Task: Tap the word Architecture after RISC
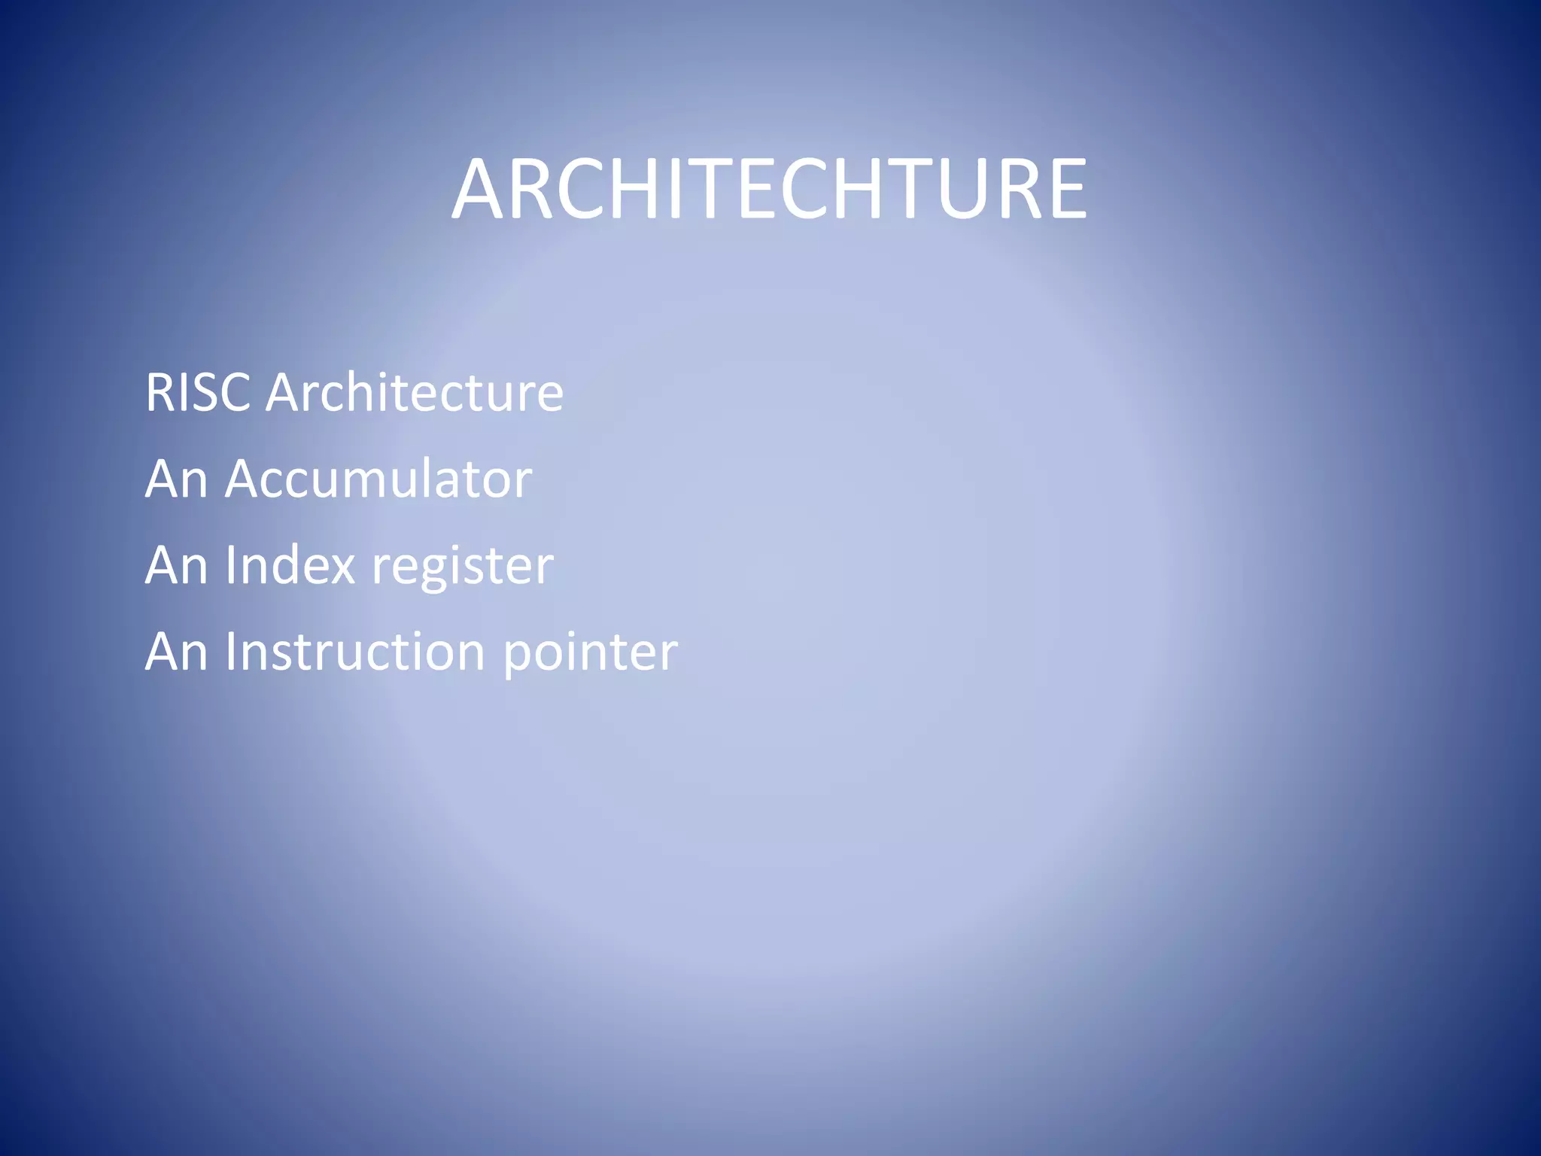point(415,392)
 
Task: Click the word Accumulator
point(378,479)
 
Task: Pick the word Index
point(290,564)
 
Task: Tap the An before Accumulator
point(176,479)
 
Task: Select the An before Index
point(176,564)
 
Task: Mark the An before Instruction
point(176,651)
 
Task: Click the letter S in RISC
point(207,392)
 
